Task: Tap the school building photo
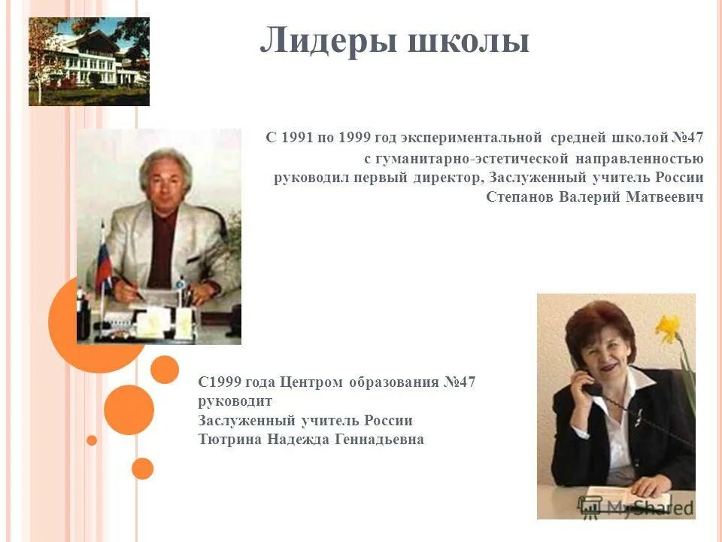point(89,61)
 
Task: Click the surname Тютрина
point(231,440)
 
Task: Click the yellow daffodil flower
point(668,328)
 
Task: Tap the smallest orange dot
point(92,440)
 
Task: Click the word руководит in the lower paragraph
point(235,401)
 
